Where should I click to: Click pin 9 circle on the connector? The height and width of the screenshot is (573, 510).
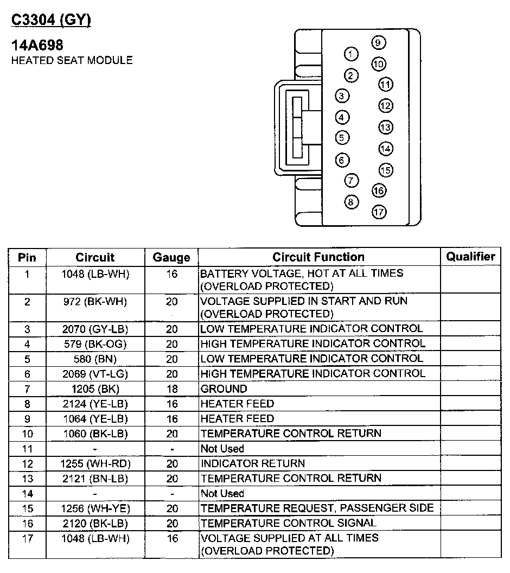point(379,43)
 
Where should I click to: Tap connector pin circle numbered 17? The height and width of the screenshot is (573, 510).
point(379,212)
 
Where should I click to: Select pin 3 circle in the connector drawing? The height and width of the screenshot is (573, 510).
point(341,96)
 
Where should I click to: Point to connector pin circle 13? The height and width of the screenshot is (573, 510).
point(385,128)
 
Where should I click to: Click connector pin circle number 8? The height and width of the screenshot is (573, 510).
point(352,202)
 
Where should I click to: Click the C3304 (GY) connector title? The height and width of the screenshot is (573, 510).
point(52,21)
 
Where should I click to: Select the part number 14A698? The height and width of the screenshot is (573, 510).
point(37,46)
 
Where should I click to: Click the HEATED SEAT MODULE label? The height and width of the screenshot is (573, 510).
point(72,60)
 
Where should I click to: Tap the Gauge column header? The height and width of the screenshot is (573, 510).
point(171,257)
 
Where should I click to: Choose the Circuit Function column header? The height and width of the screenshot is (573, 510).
point(318,257)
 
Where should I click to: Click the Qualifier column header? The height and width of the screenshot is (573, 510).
point(470,257)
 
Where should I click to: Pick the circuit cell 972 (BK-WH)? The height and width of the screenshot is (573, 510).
point(95,301)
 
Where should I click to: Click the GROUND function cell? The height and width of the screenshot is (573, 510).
point(224,389)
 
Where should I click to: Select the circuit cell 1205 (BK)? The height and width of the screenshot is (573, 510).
point(95,389)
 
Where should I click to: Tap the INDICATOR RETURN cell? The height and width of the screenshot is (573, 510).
point(253,463)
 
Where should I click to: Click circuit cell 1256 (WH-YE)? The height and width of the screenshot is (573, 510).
point(95,508)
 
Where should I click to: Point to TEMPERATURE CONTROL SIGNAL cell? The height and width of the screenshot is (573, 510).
point(288,523)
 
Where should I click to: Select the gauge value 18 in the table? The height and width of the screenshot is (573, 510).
point(171,389)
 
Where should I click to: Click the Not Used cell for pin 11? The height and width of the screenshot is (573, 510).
point(222,449)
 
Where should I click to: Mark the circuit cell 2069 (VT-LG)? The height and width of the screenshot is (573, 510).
point(95,373)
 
